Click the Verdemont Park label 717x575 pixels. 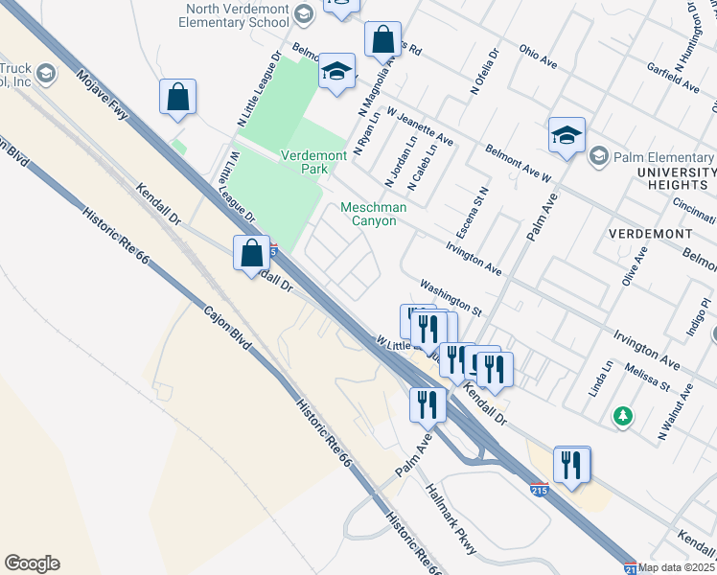(304, 161)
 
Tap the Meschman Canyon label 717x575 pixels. (375, 214)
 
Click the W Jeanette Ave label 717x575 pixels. (420, 126)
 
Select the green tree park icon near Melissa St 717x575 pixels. (623, 416)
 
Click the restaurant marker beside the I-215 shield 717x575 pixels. (572, 465)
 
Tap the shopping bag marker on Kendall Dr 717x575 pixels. (251, 254)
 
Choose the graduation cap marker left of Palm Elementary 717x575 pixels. (567, 135)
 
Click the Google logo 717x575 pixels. (32, 563)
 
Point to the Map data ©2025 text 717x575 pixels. (677, 567)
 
